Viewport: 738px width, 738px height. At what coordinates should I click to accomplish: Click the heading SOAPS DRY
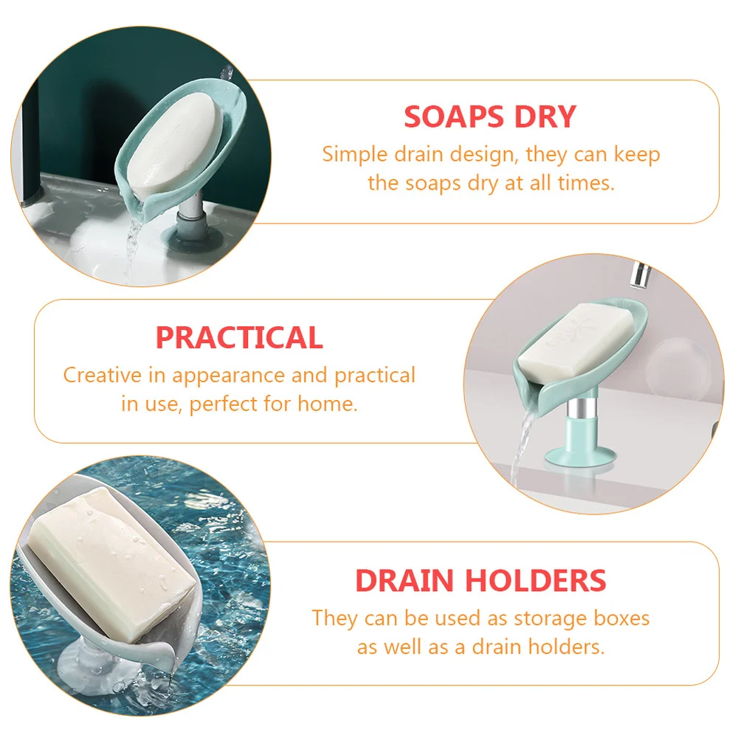pos(489,117)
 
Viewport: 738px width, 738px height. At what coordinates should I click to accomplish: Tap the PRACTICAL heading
pos(239,337)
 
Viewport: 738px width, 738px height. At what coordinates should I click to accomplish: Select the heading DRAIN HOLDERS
pos(480,580)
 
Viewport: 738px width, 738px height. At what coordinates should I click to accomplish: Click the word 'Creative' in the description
pos(103,375)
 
